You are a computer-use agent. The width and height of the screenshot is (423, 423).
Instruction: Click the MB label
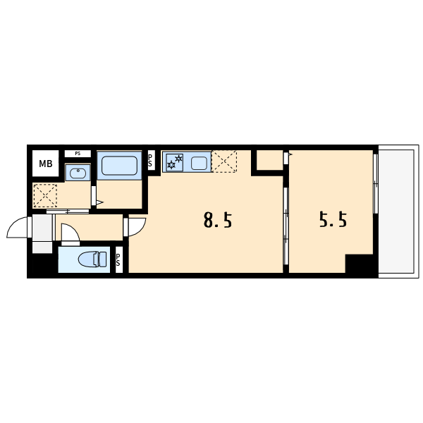point(46,164)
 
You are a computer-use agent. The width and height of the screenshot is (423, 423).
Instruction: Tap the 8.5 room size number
point(218,220)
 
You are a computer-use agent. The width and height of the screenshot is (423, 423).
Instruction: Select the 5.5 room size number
point(333,219)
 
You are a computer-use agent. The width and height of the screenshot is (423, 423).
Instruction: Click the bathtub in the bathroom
point(119,166)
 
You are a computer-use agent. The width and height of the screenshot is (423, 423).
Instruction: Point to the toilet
point(92,259)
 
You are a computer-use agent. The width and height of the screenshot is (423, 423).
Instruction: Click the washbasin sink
point(78,173)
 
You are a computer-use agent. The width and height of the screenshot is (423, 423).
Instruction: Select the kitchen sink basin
point(199,164)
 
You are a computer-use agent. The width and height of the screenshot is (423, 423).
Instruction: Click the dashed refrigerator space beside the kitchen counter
point(224,161)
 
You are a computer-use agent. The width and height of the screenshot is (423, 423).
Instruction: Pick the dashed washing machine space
point(45,195)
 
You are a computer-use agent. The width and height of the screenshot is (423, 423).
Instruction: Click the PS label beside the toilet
point(118,259)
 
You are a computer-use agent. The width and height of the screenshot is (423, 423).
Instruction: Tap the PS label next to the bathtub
point(150,161)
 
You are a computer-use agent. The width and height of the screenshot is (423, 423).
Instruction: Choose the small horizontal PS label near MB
point(78,154)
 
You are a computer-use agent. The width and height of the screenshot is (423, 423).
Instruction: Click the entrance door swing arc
point(15,223)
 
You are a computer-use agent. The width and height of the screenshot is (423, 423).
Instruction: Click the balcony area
point(396,211)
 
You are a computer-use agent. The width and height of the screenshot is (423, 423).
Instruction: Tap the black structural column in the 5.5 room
point(360,264)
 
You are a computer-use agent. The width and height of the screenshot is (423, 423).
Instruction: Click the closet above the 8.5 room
point(269,160)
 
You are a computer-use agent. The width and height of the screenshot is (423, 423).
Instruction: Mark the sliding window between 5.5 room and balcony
point(375,184)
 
